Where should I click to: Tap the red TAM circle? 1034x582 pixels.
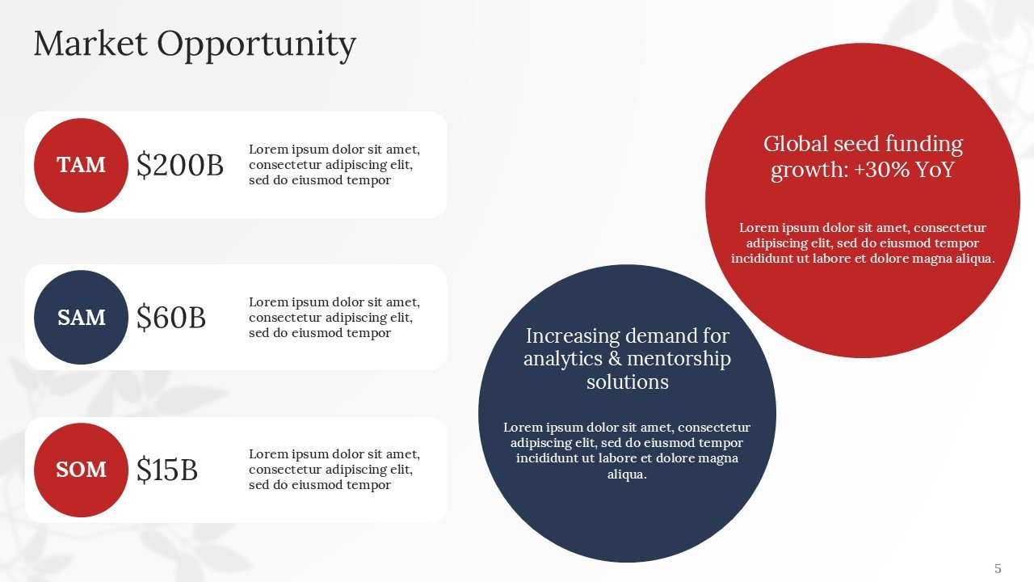coord(81,165)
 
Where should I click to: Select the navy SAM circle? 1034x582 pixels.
coord(81,318)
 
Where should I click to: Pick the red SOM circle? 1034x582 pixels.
coord(81,470)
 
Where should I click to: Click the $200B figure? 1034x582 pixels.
coord(179,165)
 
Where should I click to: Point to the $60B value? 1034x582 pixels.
coord(170,318)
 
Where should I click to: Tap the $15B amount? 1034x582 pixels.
coord(166,470)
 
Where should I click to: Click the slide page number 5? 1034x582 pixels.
coord(998,568)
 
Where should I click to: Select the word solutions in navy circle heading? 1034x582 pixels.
coord(627,382)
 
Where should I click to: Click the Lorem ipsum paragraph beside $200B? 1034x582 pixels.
coord(334,165)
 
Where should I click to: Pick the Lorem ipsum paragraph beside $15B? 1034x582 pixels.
coord(334,470)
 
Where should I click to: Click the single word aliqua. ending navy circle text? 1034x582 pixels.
coord(627,474)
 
